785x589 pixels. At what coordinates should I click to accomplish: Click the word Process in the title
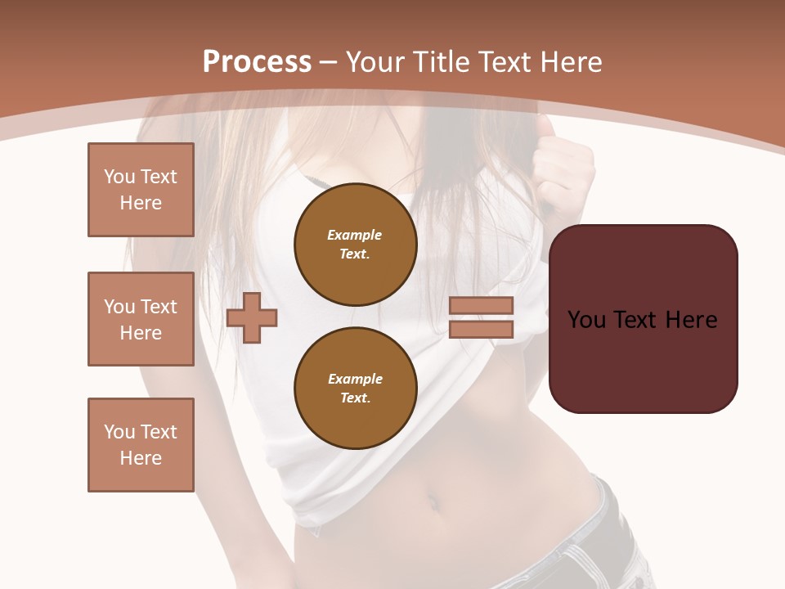[257, 62]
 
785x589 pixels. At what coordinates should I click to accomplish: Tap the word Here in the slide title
[570, 62]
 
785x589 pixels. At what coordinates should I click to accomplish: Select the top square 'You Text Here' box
[141, 190]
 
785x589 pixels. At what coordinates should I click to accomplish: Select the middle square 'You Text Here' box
[141, 319]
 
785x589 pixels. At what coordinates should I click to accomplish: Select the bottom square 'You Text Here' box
[141, 445]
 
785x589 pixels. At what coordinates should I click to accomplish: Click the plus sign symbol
[252, 317]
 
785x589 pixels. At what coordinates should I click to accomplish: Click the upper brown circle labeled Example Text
[355, 245]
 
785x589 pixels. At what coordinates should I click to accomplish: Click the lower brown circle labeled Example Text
[355, 389]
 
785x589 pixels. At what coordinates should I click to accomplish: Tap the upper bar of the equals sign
[481, 305]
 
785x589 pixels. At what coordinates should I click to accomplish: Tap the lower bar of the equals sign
[481, 329]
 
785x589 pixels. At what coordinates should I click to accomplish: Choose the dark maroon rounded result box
[644, 360]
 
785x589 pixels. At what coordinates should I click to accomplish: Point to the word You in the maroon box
[585, 320]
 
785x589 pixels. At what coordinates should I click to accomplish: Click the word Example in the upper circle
[355, 235]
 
